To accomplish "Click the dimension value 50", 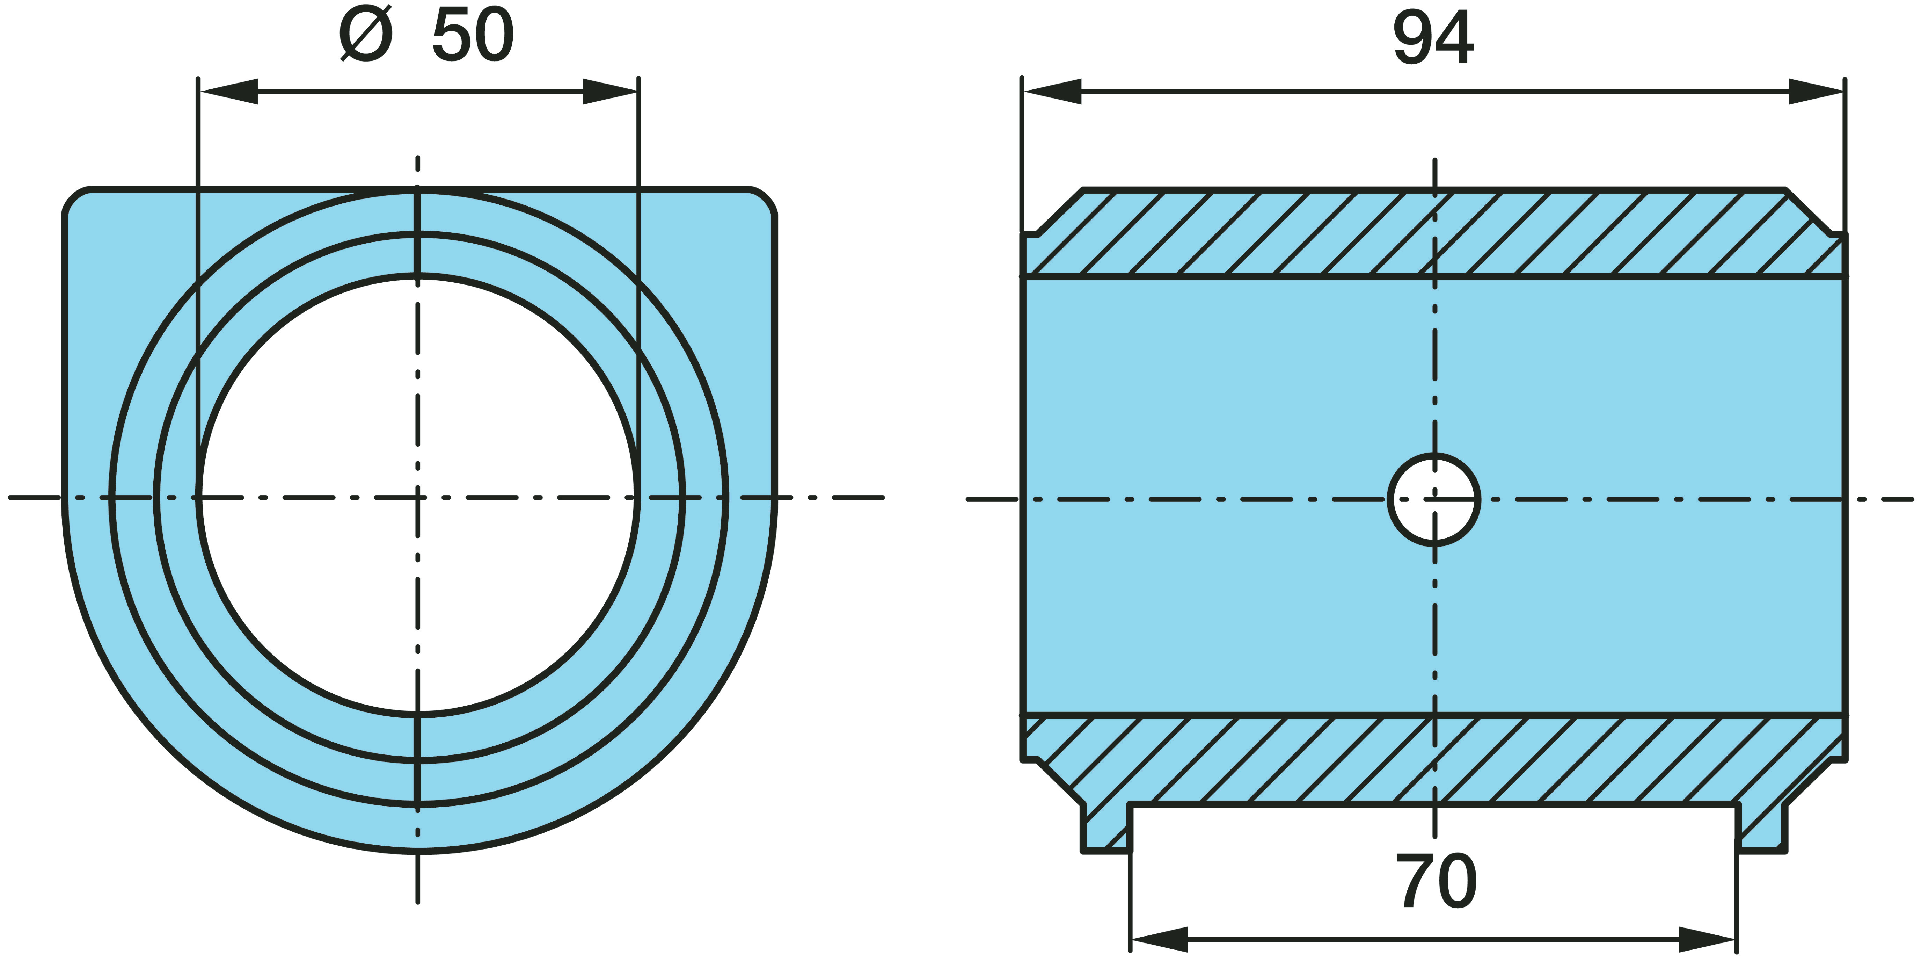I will (x=473, y=36).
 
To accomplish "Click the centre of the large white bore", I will (x=418, y=496).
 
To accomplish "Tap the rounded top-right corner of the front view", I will (x=762, y=201).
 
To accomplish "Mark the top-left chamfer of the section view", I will (x=1059, y=213).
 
